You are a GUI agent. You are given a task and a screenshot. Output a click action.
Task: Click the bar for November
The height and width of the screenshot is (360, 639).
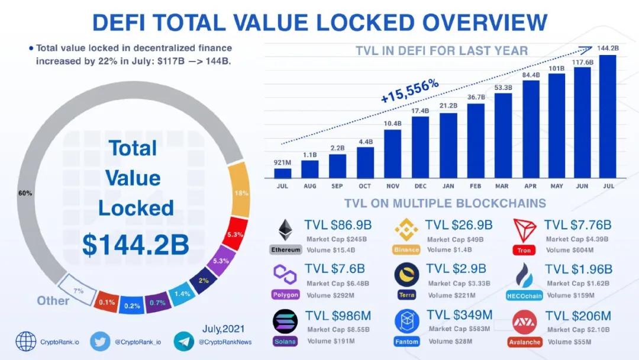392,154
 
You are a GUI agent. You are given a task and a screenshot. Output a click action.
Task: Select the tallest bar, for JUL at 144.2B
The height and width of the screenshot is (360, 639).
608,117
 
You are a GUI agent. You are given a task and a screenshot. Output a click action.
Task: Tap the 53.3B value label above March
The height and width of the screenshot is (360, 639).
504,88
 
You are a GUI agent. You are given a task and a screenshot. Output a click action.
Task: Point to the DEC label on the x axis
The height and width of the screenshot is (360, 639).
420,186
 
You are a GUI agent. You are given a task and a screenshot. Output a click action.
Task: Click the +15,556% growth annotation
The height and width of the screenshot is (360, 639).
409,91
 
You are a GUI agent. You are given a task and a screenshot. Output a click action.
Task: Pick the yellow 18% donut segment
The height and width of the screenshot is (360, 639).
240,190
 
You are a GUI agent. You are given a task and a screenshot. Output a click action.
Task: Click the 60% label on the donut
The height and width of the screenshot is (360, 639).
25,193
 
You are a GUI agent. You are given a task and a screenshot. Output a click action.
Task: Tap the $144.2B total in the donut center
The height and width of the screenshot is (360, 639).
135,245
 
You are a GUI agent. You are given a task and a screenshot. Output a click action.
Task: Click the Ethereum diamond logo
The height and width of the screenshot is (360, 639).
285,230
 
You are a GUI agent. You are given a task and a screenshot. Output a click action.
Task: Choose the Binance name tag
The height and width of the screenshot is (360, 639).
406,249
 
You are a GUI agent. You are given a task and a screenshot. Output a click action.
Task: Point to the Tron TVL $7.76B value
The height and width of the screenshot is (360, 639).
577,224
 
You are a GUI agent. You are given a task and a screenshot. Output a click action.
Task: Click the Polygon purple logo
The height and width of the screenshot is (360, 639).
285,274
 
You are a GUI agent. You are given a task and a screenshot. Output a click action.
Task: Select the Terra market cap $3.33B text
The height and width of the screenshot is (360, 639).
459,284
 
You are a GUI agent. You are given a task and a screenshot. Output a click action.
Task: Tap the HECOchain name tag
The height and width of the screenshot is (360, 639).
524,295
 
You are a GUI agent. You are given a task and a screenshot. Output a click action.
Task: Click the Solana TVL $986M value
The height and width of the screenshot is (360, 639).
338,316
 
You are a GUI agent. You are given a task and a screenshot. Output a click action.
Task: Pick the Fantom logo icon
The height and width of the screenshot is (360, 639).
406,321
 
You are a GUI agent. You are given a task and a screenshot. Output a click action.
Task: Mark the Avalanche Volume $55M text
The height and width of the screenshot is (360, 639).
569,342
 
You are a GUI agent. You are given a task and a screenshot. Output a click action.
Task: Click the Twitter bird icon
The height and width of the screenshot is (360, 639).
100,341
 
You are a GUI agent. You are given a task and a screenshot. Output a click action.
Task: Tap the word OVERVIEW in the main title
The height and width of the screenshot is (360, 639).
485,22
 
